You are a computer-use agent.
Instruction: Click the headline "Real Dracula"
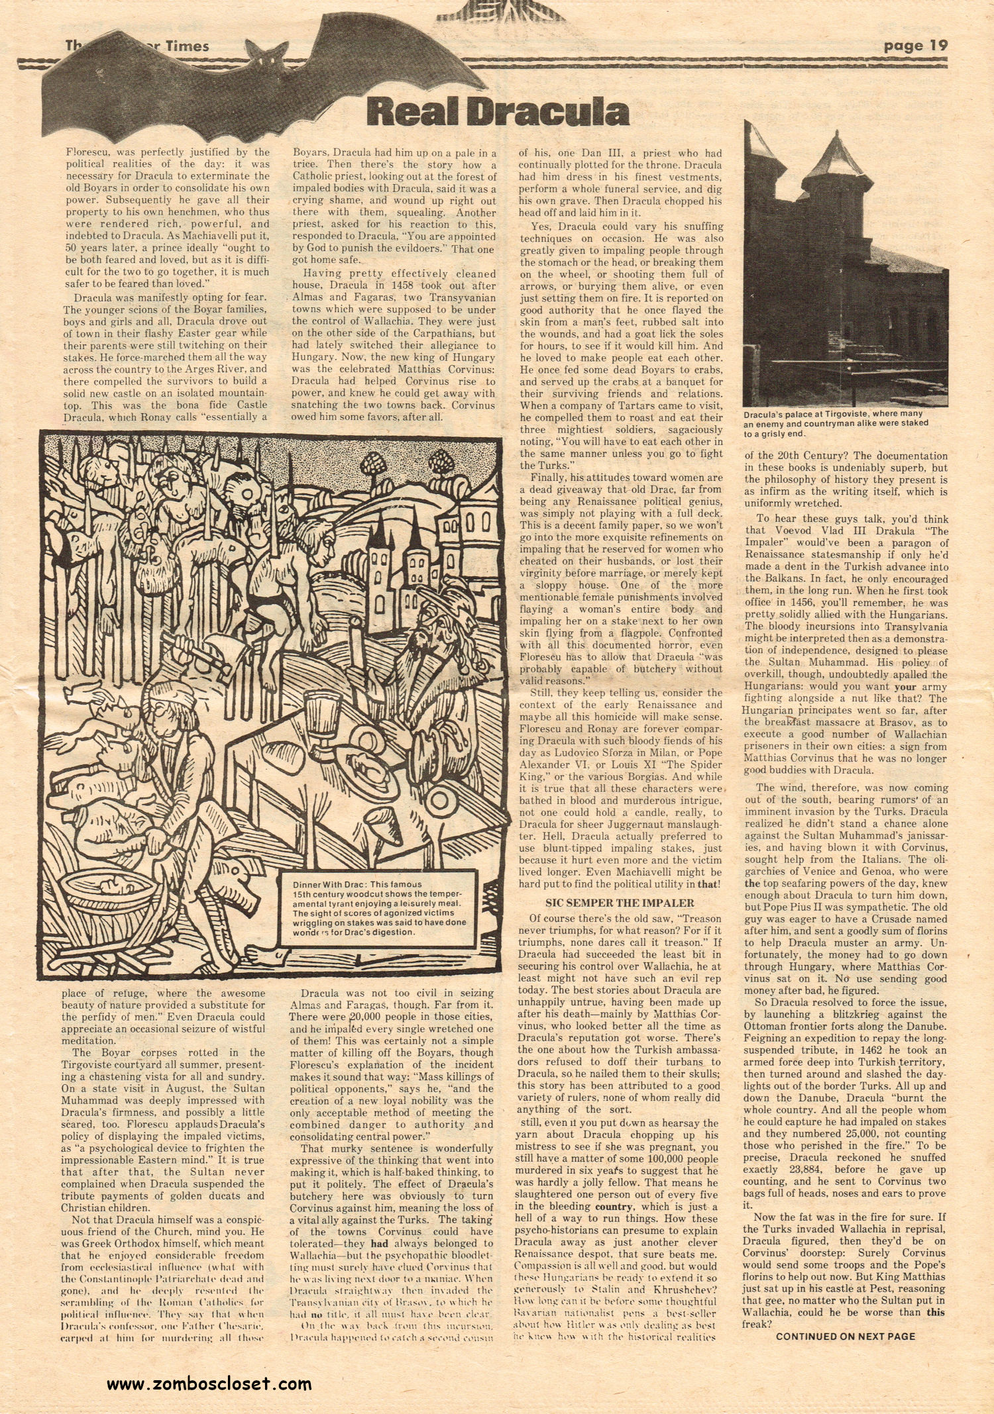[x=498, y=111]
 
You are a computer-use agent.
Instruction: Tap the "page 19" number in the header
[x=915, y=46]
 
